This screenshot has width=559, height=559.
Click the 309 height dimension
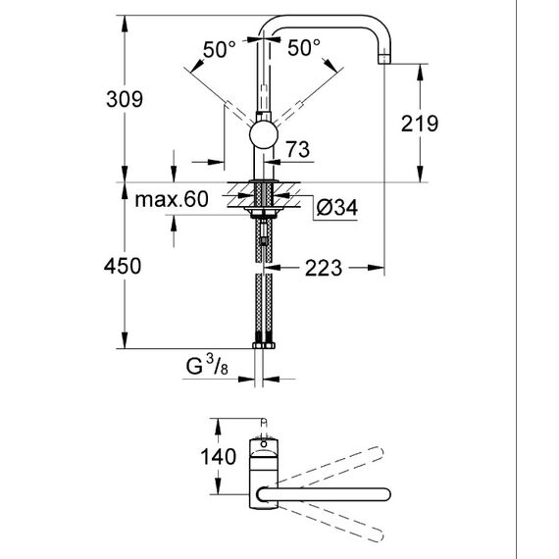(125, 99)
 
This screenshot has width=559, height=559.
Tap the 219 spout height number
(420, 124)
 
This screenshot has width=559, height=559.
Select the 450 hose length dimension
(123, 266)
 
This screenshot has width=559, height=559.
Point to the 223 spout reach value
(324, 268)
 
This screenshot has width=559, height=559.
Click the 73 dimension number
(298, 149)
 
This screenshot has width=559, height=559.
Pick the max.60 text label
(172, 199)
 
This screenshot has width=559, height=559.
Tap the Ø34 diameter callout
(337, 208)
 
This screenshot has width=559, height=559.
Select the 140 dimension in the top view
(218, 457)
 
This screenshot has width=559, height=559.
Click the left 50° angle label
(220, 49)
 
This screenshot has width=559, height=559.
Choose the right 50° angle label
(304, 47)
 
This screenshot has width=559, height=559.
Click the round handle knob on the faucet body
(264, 134)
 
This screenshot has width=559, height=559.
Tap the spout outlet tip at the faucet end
(384, 59)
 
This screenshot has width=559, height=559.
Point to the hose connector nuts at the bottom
(264, 345)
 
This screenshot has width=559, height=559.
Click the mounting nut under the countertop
(264, 214)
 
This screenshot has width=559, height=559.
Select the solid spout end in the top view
(384, 494)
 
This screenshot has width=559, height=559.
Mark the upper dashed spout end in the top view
(377, 453)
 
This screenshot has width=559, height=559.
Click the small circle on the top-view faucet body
(264, 444)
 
